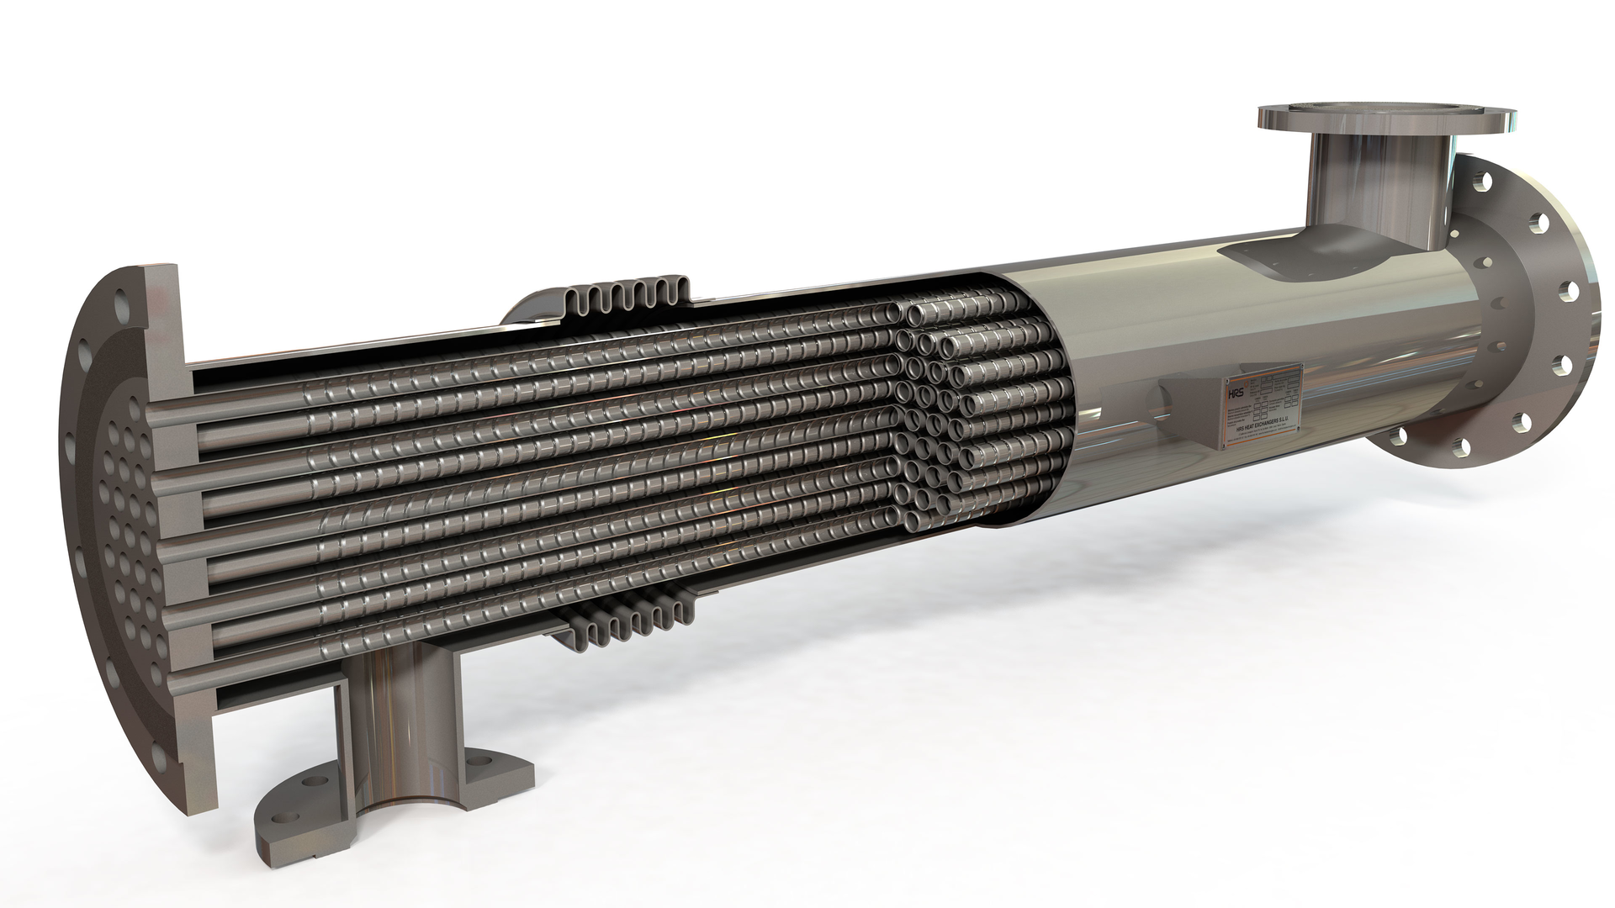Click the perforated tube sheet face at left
pos(126,504)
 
